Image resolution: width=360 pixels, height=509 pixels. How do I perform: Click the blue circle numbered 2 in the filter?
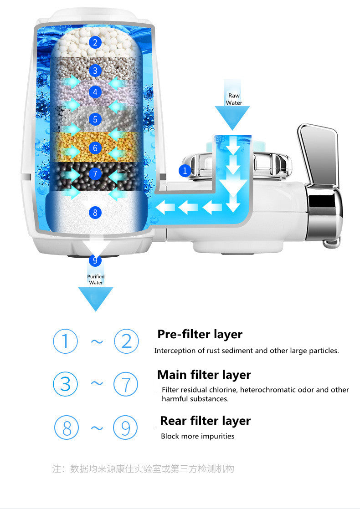click(95, 43)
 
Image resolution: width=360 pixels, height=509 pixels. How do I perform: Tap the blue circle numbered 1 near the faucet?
click(185, 171)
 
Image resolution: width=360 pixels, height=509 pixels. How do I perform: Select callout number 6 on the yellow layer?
click(95, 148)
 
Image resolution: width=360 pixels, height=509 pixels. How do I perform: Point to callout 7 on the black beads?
click(95, 174)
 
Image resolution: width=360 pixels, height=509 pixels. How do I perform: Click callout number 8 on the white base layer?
click(95, 212)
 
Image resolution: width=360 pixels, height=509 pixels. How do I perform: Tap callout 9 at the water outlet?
click(95, 260)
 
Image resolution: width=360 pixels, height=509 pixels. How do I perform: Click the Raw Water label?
click(234, 99)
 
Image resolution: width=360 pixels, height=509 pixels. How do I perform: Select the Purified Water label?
click(96, 280)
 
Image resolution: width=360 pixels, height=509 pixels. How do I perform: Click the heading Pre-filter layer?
click(200, 334)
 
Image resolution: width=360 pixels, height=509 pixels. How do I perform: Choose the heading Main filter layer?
click(204, 375)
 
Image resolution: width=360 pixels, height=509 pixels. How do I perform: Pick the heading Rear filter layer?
click(205, 421)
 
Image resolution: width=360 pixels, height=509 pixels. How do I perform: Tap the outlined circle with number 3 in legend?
click(66, 384)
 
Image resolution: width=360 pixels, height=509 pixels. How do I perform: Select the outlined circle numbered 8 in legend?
click(67, 428)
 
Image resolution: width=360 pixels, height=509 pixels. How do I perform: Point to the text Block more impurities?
click(197, 436)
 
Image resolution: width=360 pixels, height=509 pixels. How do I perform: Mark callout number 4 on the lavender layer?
click(95, 92)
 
